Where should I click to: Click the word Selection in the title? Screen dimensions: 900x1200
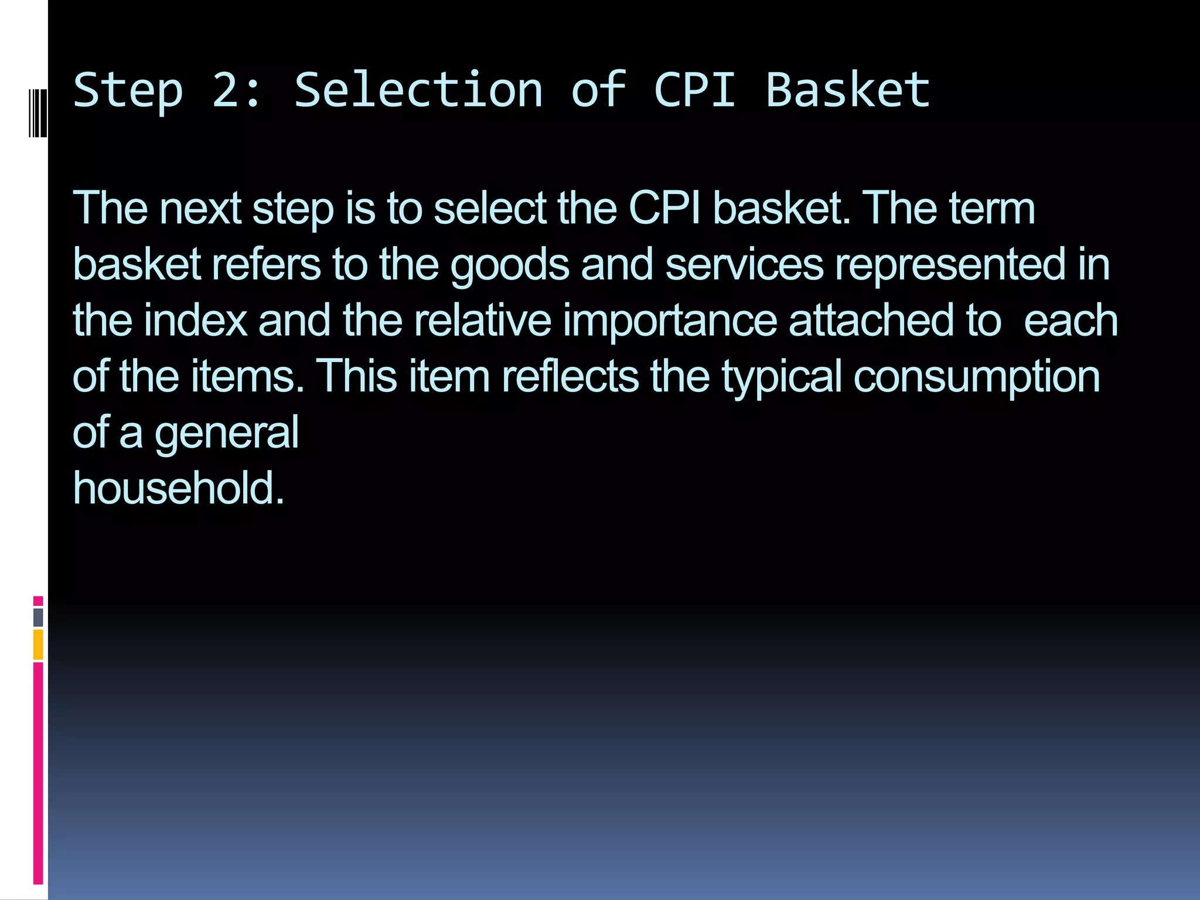(x=418, y=91)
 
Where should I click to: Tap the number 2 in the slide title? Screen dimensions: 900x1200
(x=226, y=91)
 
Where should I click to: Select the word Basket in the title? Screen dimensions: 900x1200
(x=847, y=91)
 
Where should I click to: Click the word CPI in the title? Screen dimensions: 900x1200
(x=694, y=91)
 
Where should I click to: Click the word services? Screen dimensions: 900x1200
(x=745, y=264)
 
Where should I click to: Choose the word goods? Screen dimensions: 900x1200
(x=510, y=265)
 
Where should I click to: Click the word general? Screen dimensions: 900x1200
(x=227, y=433)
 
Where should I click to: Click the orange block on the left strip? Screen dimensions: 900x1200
(x=38, y=645)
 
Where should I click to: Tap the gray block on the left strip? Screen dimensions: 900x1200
(x=38, y=617)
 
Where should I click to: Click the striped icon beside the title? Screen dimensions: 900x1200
(x=37, y=112)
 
